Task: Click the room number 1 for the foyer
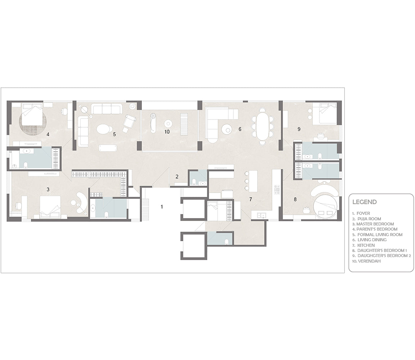(162, 207)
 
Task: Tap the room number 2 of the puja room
(177, 177)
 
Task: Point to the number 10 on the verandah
(167, 132)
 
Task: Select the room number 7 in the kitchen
(251, 199)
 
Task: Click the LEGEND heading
(365, 202)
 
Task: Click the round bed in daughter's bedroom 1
(325, 206)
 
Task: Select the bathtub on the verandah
(153, 122)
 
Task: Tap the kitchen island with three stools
(254, 181)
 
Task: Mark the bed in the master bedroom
(50, 207)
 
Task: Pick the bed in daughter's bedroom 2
(325, 114)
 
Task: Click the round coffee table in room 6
(227, 129)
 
